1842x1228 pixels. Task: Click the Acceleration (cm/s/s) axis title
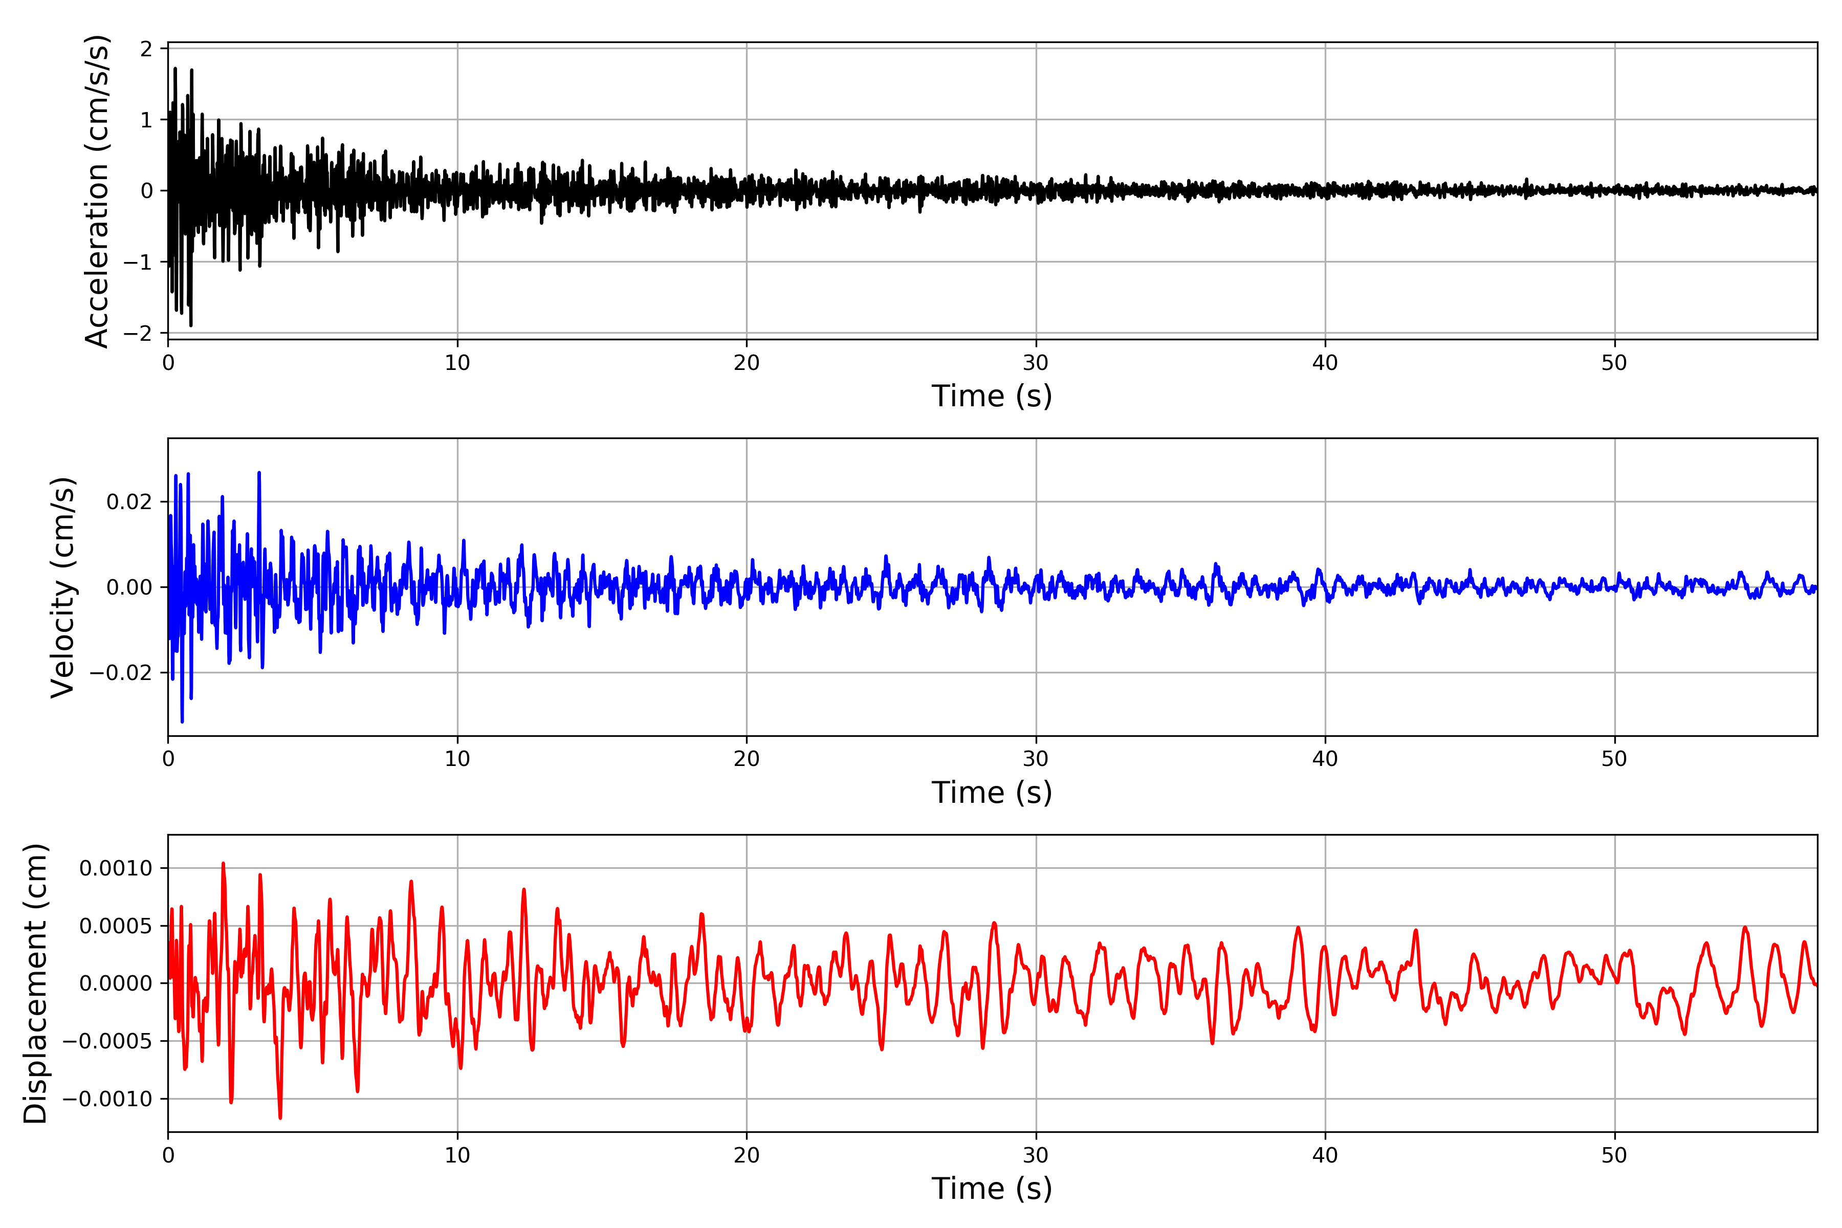[97, 190]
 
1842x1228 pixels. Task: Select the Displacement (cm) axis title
[36, 983]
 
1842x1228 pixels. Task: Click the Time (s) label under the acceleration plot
[992, 396]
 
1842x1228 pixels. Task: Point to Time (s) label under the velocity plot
[992, 793]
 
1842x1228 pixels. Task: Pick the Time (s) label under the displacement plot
[992, 1189]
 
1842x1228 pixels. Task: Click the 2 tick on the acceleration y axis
[146, 49]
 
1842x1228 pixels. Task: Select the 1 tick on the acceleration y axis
[146, 120]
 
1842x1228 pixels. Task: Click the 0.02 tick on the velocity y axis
[129, 502]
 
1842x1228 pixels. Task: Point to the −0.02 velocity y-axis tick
[121, 673]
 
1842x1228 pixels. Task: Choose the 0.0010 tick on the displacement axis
[116, 868]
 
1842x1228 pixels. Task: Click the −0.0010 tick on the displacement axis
[107, 1099]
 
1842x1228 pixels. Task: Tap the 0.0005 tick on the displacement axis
[116, 926]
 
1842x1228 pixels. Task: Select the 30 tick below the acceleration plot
[1035, 363]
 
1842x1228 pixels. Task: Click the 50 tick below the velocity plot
[1614, 759]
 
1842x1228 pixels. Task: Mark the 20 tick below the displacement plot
[747, 1155]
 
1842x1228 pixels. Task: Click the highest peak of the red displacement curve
[223, 863]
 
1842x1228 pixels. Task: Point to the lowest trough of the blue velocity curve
[183, 721]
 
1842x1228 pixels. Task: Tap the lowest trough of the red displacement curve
[280, 1117]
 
